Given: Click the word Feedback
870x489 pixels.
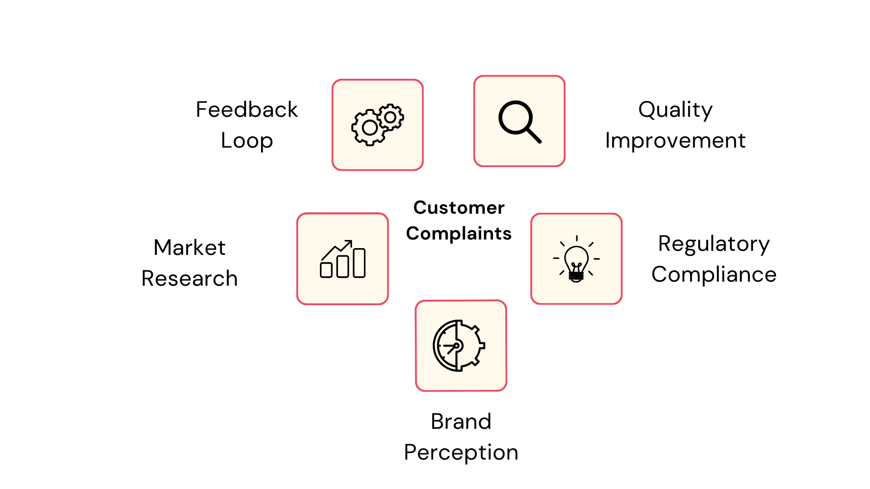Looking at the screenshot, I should coord(246,110).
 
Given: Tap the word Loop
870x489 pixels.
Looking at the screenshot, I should coord(246,140).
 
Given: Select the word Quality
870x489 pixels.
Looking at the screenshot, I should coord(675,110).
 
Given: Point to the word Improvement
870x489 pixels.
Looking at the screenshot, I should coord(675,140).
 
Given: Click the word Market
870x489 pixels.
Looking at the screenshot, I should coord(189,248).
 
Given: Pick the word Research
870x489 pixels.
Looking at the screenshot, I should coord(189,278).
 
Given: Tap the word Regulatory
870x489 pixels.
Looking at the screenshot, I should coord(714,244).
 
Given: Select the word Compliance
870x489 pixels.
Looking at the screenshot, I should coord(714,274).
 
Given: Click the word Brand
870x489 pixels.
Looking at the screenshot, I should coord(461,422).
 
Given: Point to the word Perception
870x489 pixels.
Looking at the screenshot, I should coord(461,452).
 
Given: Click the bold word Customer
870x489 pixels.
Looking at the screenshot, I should coord(459,208).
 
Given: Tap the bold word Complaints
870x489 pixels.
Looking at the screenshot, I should coord(459,234).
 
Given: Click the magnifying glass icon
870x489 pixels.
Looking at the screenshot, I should coord(519,121).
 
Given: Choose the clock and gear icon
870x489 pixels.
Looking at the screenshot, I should coord(459,345).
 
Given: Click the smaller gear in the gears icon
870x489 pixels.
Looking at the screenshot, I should coord(390,117).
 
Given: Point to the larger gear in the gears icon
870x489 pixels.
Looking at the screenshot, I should coord(370,128).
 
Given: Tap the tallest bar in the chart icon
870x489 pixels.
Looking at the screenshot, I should coord(359,263).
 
